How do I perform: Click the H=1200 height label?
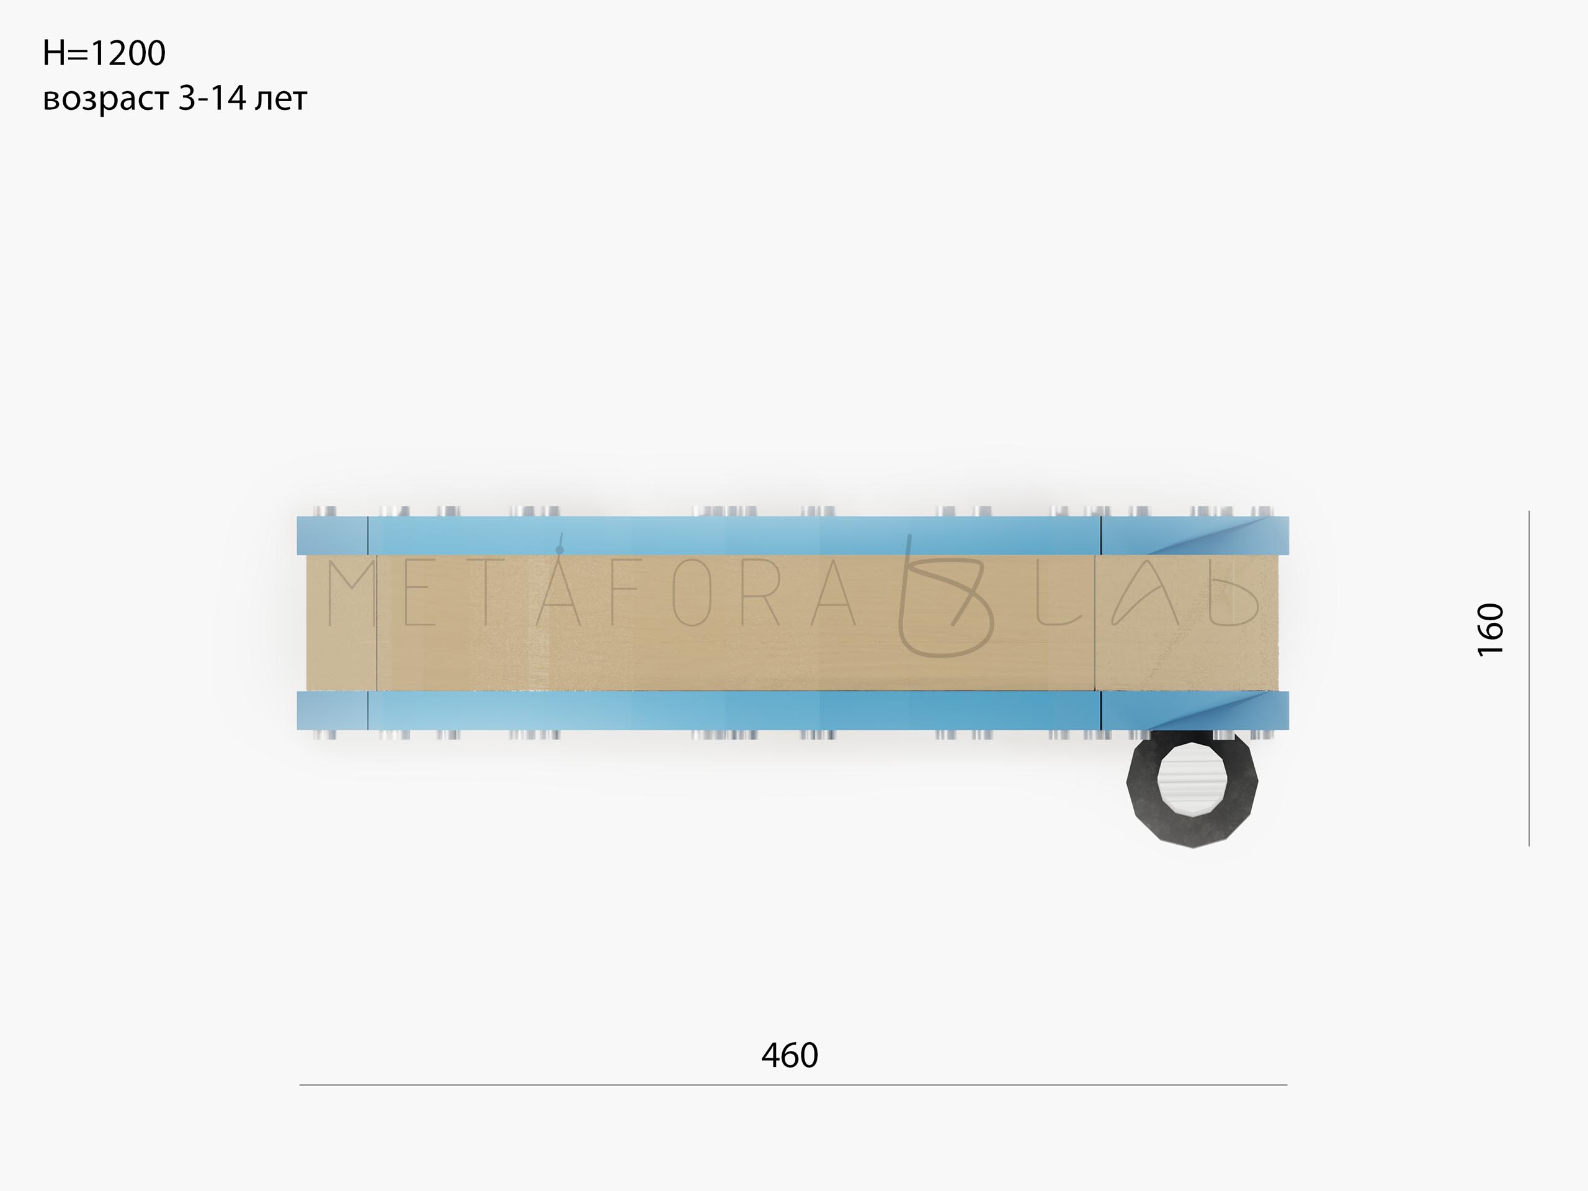click(104, 53)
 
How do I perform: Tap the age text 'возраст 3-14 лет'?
click(175, 99)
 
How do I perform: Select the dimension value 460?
click(790, 1055)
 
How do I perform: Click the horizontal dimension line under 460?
click(793, 1085)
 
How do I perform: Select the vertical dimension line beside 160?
click(1529, 679)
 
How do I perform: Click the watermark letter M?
click(352, 594)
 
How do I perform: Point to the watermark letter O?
click(692, 594)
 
